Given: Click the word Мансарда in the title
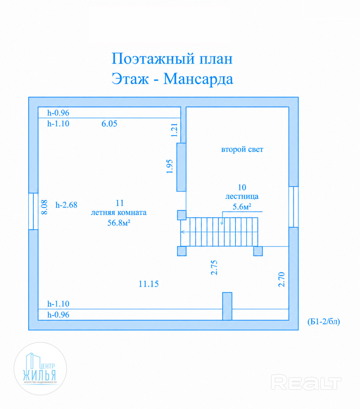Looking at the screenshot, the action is click(x=198, y=79).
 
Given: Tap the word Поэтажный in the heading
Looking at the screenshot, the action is click(x=153, y=59).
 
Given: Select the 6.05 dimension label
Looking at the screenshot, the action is click(x=109, y=124).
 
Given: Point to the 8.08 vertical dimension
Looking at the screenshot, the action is click(x=44, y=207).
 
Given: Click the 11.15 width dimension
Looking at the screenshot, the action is click(x=149, y=284).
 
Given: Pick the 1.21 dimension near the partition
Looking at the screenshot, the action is click(x=174, y=130).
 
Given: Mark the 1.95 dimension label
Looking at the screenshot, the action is click(x=170, y=166).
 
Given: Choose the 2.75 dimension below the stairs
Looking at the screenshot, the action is click(x=214, y=268).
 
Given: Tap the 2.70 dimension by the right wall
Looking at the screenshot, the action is click(x=281, y=280).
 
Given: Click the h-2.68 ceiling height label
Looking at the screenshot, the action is click(x=66, y=205).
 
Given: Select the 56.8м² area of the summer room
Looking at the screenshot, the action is click(x=119, y=223).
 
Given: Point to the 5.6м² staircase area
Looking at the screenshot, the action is click(x=242, y=207).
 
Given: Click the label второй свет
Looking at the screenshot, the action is click(x=242, y=149).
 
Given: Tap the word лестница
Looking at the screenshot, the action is click(x=242, y=197).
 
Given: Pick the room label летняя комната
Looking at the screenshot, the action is click(x=119, y=212).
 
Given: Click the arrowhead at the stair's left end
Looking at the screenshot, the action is click(x=183, y=232).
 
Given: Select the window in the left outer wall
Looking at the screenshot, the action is click(x=33, y=211).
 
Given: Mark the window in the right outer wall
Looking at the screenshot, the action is click(x=293, y=207).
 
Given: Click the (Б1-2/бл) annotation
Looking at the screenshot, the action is click(x=324, y=321).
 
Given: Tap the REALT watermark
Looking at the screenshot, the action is click(x=306, y=382).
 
